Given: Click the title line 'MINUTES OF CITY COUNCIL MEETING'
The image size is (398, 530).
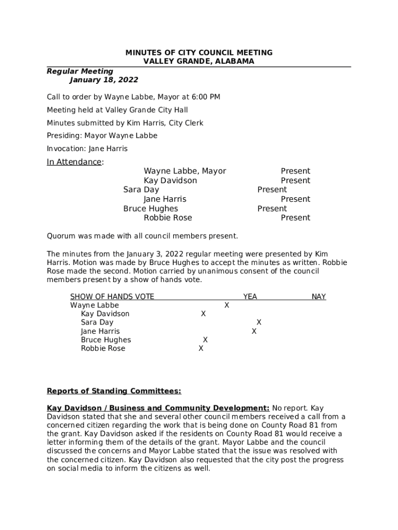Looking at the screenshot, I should click(x=199, y=53).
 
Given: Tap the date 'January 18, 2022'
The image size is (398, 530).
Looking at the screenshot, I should click(x=104, y=80).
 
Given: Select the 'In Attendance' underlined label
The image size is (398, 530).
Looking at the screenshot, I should click(x=74, y=162).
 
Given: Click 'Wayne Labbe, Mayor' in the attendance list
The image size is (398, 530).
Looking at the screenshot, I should click(x=185, y=171).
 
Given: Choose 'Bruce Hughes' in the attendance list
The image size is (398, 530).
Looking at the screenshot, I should click(x=150, y=209).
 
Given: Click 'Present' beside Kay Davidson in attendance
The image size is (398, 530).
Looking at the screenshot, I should click(x=295, y=181).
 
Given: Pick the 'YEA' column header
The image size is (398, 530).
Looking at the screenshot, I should click(x=250, y=297).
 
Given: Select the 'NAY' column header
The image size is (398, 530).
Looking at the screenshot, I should click(x=318, y=297).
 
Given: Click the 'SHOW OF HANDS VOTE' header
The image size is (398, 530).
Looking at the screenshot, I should click(x=112, y=297).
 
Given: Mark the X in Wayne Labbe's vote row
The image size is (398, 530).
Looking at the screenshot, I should click(x=226, y=305).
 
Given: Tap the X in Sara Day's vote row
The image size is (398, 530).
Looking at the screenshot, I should click(x=259, y=322).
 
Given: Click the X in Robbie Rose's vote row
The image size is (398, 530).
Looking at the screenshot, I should click(x=201, y=349).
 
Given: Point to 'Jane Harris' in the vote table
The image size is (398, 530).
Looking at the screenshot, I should click(x=100, y=331).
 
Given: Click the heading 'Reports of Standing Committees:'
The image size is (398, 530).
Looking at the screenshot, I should click(x=114, y=391).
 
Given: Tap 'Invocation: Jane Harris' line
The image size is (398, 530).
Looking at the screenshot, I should click(x=87, y=149).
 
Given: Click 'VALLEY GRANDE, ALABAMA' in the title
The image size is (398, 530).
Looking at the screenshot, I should click(x=199, y=61).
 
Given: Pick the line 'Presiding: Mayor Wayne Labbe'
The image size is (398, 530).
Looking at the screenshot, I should click(x=102, y=136).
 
